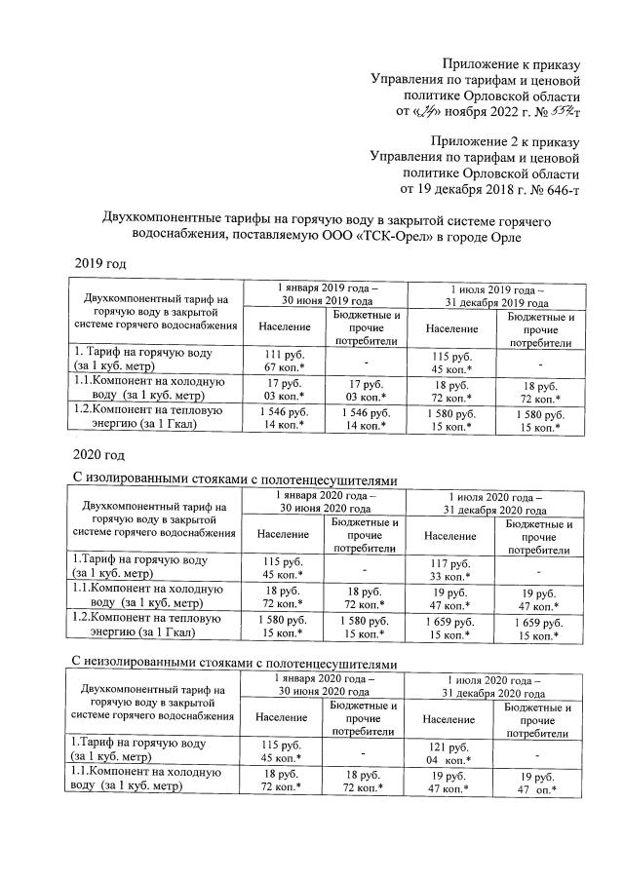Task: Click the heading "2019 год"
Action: [100, 264]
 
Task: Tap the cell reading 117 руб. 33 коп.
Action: [450, 568]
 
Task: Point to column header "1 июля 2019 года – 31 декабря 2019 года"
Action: [496, 294]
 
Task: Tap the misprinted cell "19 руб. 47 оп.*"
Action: [539, 784]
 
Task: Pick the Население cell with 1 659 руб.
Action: [450, 629]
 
